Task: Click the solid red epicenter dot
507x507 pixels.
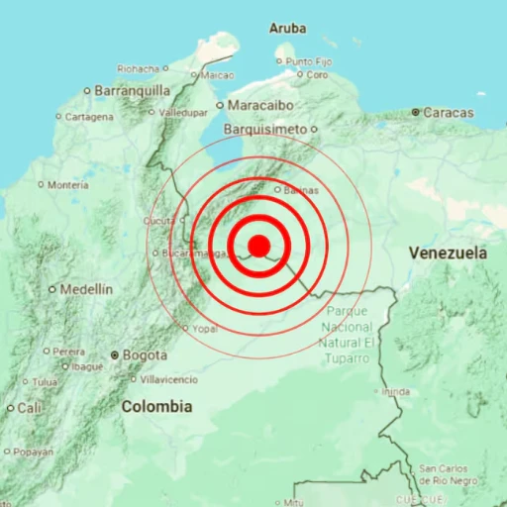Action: point(258,245)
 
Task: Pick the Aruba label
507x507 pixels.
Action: point(287,29)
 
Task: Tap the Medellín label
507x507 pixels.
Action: point(86,289)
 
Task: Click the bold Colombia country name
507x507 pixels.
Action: point(156,406)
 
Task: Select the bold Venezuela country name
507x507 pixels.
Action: point(448,253)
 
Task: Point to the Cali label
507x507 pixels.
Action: point(30,407)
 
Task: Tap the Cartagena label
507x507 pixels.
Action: point(90,116)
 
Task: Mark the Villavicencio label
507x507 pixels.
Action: point(170,378)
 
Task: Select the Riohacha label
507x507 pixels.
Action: point(138,68)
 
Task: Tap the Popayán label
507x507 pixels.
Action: point(34,452)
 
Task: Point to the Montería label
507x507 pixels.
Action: point(68,184)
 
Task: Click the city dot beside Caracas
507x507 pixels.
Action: point(417,113)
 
